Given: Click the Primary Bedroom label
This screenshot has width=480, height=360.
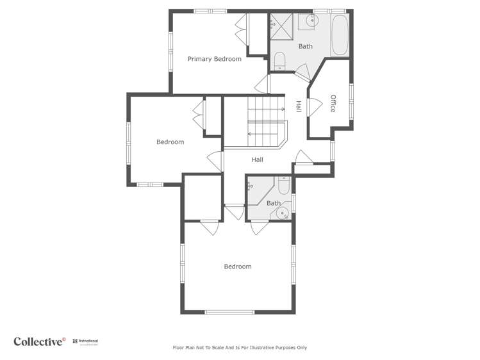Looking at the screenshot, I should point(214,59).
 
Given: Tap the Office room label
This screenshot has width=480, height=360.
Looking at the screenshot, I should point(333,103).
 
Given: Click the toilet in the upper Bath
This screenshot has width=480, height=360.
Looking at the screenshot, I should point(279,61).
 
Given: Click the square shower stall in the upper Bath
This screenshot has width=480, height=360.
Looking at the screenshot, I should point(279,24).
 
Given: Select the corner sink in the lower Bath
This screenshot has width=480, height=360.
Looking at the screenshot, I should point(283,213).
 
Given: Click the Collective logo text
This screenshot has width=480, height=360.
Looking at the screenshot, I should point(39,341).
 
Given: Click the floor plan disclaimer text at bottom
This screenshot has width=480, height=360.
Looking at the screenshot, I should point(240,348).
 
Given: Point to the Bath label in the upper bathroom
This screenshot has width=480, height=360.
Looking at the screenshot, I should point(306,46).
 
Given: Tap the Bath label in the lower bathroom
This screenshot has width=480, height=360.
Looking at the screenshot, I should point(274,203).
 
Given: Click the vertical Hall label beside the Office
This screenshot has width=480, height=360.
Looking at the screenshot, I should point(299,106).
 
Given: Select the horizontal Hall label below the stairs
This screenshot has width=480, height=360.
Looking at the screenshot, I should point(257,160).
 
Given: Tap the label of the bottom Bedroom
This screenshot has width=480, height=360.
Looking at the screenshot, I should point(237,266).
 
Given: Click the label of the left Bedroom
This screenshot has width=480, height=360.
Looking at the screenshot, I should point(170,142).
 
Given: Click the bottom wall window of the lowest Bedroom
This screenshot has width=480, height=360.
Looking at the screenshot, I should point(229,312).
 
